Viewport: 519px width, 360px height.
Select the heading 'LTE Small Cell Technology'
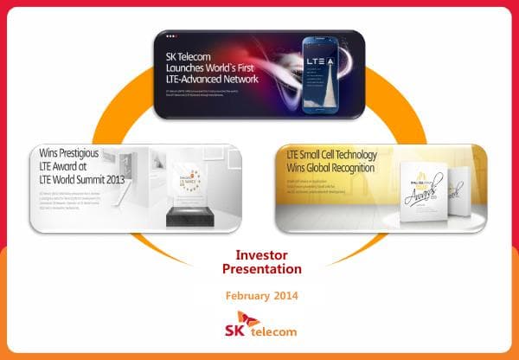pos(332,155)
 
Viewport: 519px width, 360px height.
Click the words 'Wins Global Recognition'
pos(330,167)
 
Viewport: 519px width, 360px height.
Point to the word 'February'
pos(247,296)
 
